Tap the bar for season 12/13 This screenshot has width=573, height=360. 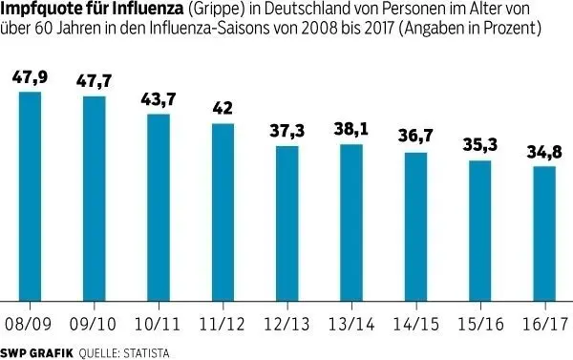point(286,223)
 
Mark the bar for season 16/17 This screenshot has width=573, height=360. point(542,234)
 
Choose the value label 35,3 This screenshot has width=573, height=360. point(478,145)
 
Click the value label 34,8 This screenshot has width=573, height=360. point(542,151)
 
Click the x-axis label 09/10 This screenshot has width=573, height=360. point(95,324)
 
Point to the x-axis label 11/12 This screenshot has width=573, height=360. point(223,324)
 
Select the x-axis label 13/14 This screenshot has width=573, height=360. point(350,324)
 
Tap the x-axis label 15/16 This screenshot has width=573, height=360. point(478,324)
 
